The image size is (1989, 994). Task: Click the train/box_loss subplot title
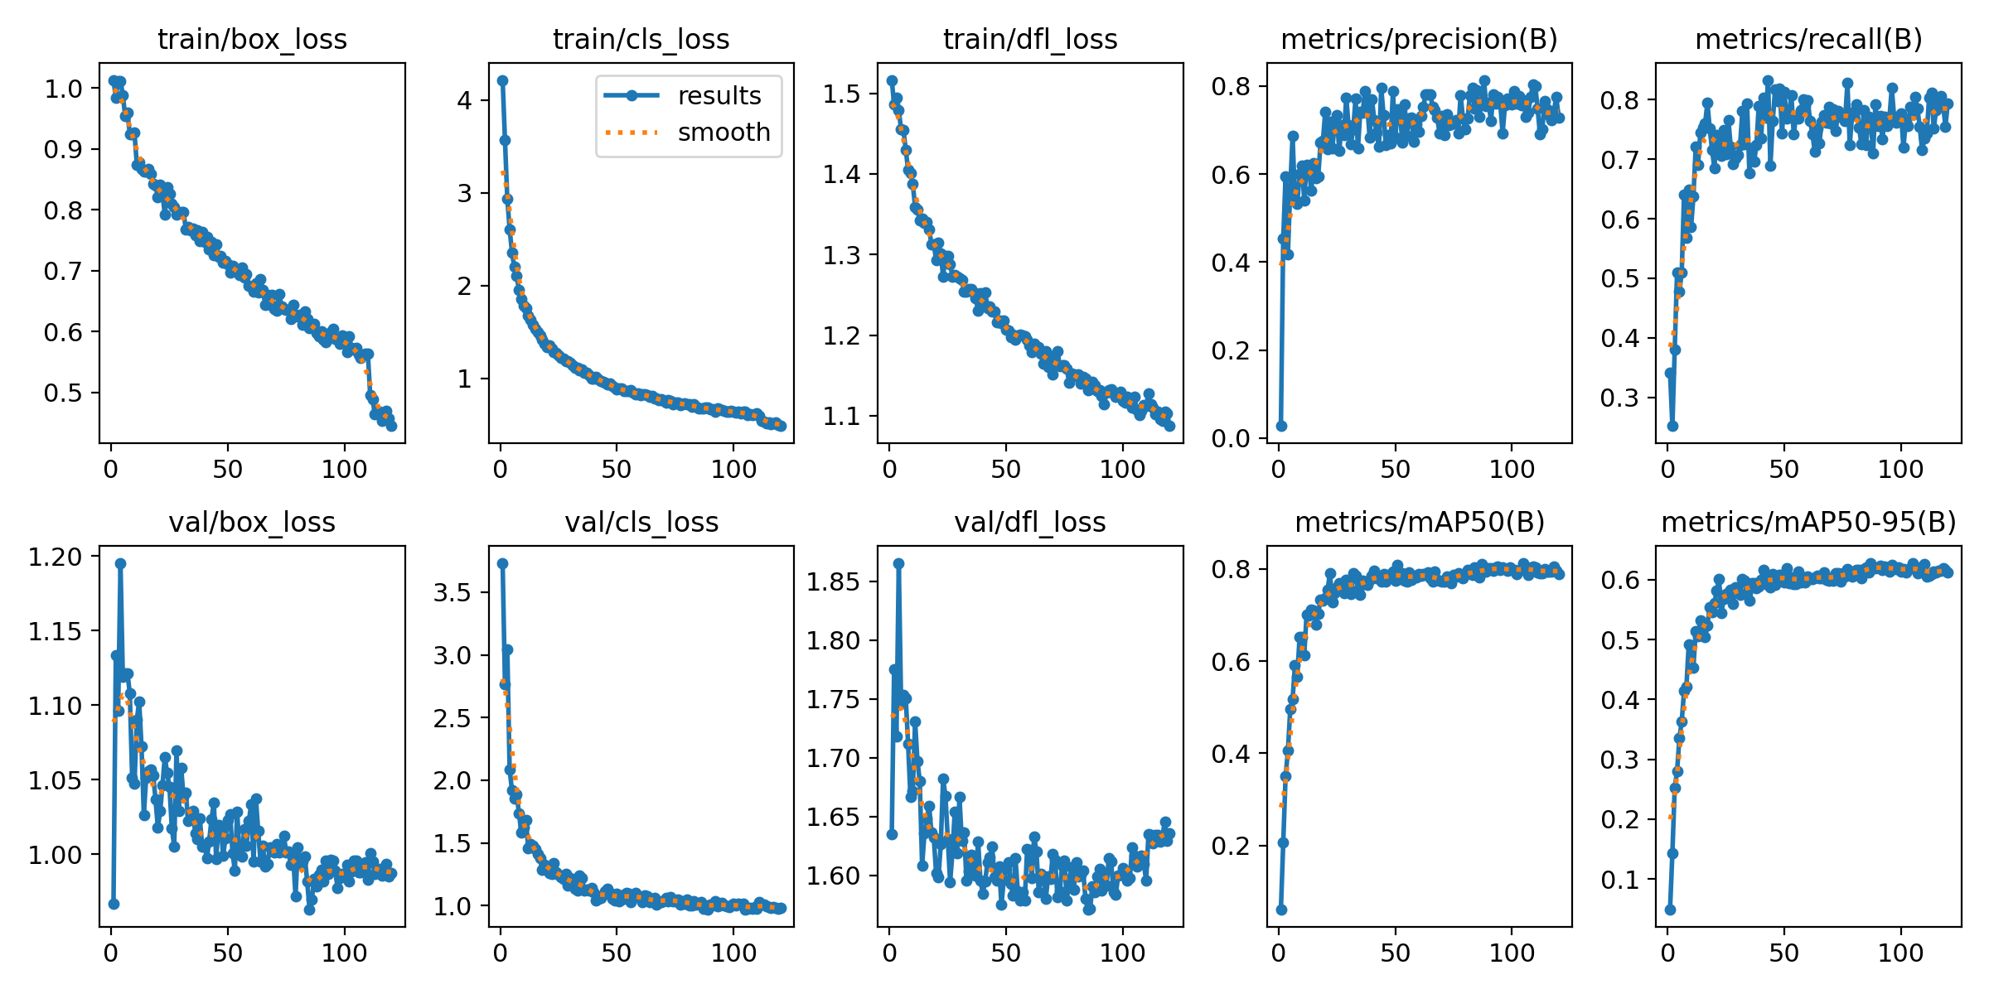pyautogui.click(x=252, y=39)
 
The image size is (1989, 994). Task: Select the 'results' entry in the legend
pyautogui.click(x=719, y=96)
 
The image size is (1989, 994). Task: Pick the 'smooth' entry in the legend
pyautogui.click(x=723, y=133)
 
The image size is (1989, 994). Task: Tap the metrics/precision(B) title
pyautogui.click(x=1419, y=39)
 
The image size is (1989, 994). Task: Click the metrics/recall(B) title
pyautogui.click(x=1808, y=39)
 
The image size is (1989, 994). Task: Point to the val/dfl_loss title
pyautogui.click(x=1030, y=522)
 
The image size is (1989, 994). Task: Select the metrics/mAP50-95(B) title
pyautogui.click(x=1808, y=522)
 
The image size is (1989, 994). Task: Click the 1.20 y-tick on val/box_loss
pyautogui.click(x=56, y=557)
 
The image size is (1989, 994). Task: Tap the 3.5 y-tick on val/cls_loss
pyautogui.click(x=453, y=592)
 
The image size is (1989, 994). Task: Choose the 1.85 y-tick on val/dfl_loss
pyautogui.click(x=834, y=581)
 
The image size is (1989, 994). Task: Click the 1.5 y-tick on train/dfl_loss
pyautogui.click(x=842, y=94)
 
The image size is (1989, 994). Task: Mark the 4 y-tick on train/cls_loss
pyautogui.click(x=464, y=100)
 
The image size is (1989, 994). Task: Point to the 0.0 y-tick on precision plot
pyautogui.click(x=1232, y=438)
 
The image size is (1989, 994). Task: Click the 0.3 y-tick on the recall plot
pyautogui.click(x=1620, y=398)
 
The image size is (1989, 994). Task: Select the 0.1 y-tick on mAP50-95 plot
pyautogui.click(x=1620, y=880)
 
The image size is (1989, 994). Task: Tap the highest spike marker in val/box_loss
pyautogui.click(x=120, y=563)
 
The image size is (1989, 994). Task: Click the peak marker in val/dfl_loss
pyautogui.click(x=898, y=563)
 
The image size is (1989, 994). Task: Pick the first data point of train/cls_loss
pyautogui.click(x=502, y=80)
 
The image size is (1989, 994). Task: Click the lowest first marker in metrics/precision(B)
pyautogui.click(x=1281, y=426)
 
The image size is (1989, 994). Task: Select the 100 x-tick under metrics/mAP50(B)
pyautogui.click(x=1512, y=953)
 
